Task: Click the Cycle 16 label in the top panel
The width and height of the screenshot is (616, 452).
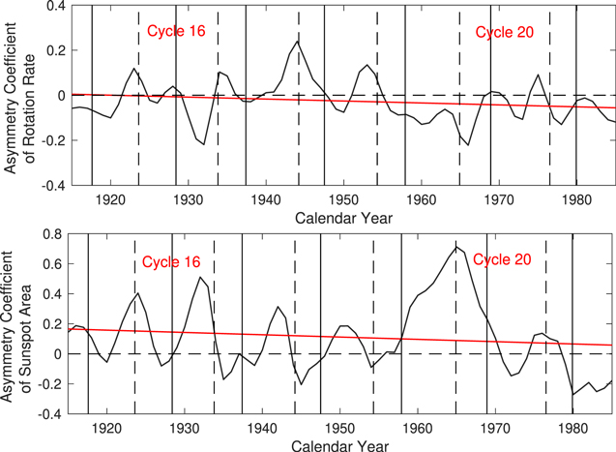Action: (176, 32)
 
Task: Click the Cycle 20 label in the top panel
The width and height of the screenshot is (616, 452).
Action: (504, 32)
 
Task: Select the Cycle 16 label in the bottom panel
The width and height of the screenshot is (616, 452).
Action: (171, 262)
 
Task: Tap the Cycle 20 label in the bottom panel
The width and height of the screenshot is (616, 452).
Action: (500, 259)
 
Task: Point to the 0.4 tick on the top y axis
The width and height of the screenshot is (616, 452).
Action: (53, 7)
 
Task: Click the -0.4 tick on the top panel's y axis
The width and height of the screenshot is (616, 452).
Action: (50, 184)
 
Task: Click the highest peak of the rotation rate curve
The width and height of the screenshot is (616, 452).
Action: (298, 41)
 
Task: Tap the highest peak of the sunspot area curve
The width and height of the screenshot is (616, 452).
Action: (455, 246)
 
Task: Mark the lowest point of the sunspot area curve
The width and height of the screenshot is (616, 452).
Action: (573, 394)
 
